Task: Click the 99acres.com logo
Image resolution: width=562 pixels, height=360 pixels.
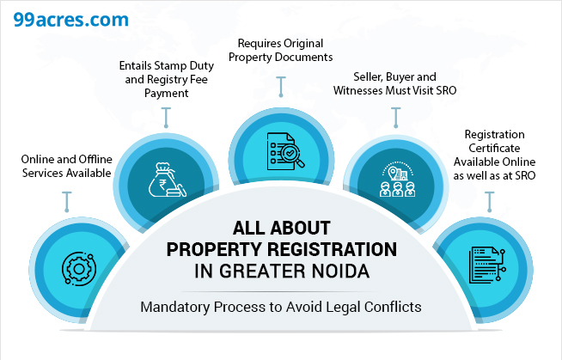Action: click(x=58, y=18)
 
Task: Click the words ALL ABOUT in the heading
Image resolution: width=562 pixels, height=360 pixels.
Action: click(x=281, y=229)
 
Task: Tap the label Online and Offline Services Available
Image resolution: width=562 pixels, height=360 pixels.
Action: click(x=66, y=165)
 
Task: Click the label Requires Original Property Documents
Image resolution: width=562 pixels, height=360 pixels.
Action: click(x=281, y=51)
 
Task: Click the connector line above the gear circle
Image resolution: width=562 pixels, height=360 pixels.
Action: click(x=67, y=202)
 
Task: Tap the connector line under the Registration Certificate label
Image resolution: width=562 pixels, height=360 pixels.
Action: click(x=490, y=202)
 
